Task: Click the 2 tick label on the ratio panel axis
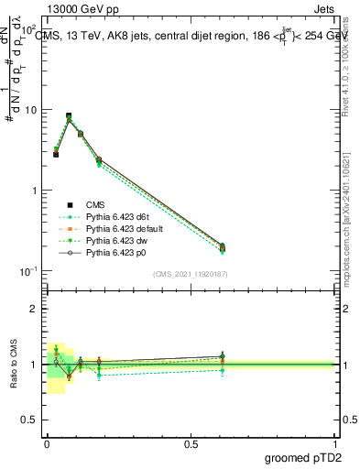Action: (x=35, y=309)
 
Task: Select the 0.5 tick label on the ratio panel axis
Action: (x=30, y=420)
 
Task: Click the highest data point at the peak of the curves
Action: (x=69, y=116)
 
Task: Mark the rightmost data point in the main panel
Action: (x=222, y=245)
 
